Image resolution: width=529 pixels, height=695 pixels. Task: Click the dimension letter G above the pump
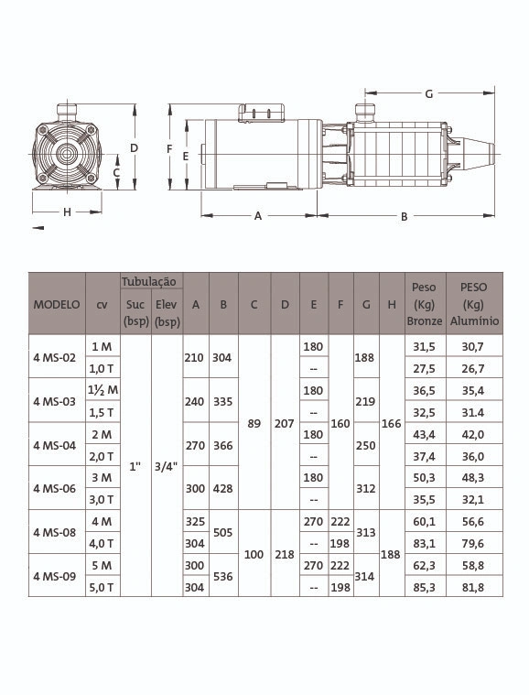pyautogui.click(x=429, y=94)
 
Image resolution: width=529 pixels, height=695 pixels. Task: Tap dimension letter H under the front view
pyautogui.click(x=67, y=212)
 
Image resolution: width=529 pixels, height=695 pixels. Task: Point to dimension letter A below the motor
pyautogui.click(x=258, y=216)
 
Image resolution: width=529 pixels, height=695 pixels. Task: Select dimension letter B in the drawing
pyautogui.click(x=404, y=217)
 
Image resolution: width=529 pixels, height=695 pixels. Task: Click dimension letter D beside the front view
pyautogui.click(x=134, y=148)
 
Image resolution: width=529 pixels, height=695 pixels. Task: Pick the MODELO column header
pyautogui.click(x=57, y=305)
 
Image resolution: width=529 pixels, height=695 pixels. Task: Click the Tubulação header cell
pyautogui.click(x=149, y=281)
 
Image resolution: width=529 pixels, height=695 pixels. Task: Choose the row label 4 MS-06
pyautogui.click(x=55, y=488)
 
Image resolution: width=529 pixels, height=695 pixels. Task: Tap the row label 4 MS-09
pyautogui.click(x=55, y=576)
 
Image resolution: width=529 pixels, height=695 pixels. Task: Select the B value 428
pyautogui.click(x=222, y=488)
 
